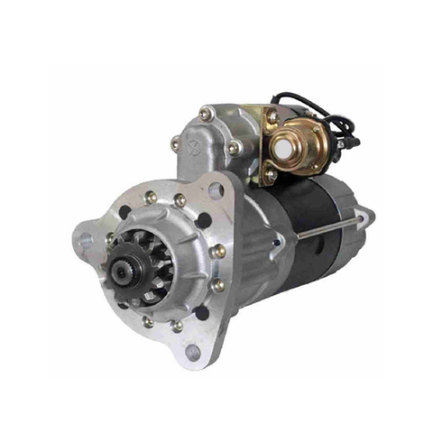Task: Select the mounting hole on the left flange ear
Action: coord(86,241)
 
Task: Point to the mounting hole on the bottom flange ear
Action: coord(191,351)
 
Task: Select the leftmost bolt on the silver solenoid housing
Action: coord(174,143)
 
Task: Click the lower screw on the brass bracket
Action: coord(269,171)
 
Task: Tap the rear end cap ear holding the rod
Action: coord(364,216)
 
